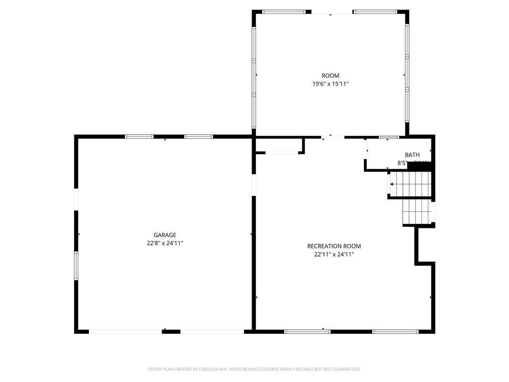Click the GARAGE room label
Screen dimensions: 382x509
pyautogui.click(x=165, y=235)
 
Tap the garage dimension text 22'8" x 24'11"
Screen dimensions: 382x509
pyautogui.click(x=165, y=244)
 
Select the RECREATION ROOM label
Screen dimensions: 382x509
pyautogui.click(x=334, y=246)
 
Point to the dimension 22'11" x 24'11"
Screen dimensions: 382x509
pyautogui.click(x=334, y=255)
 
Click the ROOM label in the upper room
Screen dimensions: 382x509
pyautogui.click(x=330, y=76)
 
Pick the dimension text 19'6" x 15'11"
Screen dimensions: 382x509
pyautogui.click(x=330, y=85)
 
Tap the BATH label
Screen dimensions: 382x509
pyautogui.click(x=412, y=155)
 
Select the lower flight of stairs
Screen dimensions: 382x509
pyautogui.click(x=416, y=212)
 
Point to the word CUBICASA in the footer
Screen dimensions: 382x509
pyautogui.click(x=206, y=370)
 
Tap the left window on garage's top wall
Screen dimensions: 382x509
pyautogui.click(x=139, y=136)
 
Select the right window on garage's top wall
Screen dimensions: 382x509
pyautogui.click(x=198, y=136)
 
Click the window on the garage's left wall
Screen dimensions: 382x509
pyautogui.click(x=76, y=266)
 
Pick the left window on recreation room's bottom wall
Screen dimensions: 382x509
pyautogui.click(x=307, y=331)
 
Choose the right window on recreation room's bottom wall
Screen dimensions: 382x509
pyautogui.click(x=395, y=331)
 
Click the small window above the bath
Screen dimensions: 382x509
pyautogui.click(x=389, y=137)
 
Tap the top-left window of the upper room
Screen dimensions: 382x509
pyautogui.click(x=284, y=11)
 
